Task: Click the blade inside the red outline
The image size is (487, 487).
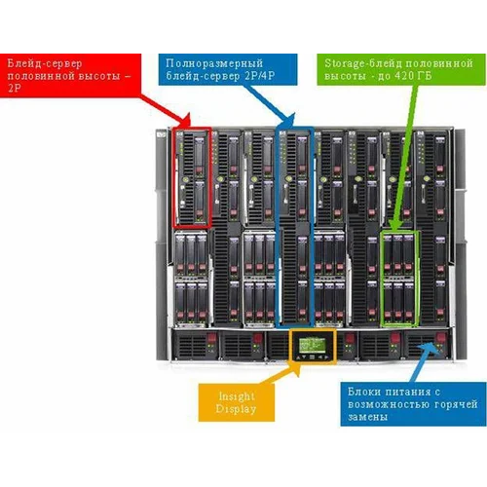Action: pyautogui.click(x=192, y=176)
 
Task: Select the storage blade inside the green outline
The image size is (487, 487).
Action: pyautogui.click(x=399, y=278)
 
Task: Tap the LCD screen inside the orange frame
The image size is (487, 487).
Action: pyautogui.click(x=312, y=345)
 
